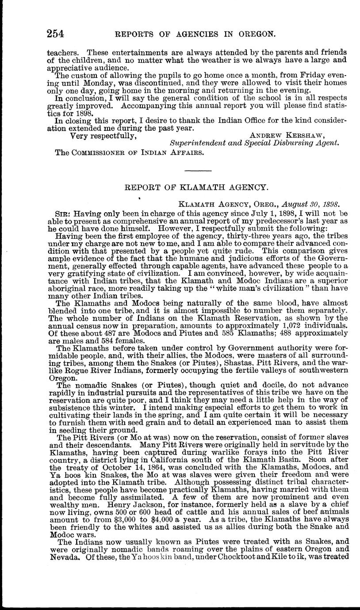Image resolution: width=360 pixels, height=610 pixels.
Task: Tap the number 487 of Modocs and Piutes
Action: click(x=100, y=339)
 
